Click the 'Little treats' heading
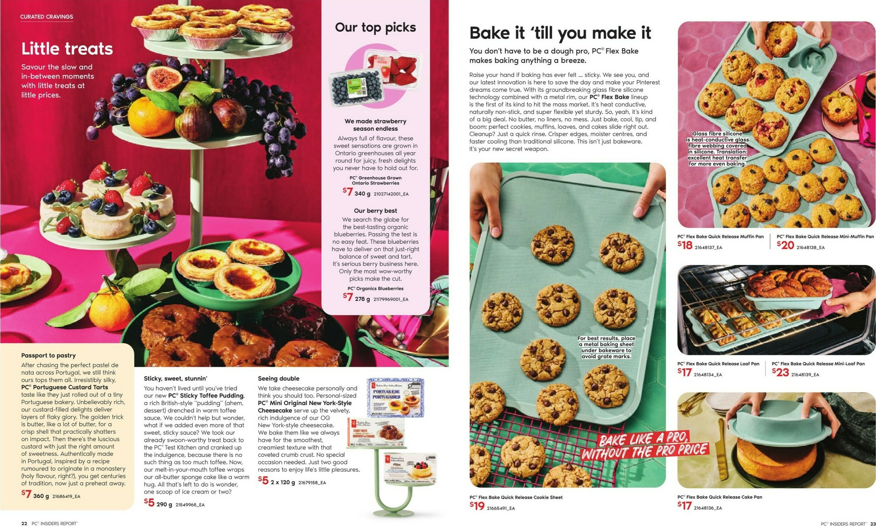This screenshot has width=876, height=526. coord(67,49)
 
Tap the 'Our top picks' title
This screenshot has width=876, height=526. coord(375,27)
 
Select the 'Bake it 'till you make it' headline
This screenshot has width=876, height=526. coord(560,33)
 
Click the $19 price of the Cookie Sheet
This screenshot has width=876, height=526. coord(477,506)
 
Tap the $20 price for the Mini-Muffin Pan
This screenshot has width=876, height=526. coord(785,245)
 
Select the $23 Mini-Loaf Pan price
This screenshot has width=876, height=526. coord(780,372)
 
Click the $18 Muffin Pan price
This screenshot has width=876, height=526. coord(684,245)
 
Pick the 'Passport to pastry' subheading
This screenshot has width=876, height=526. coord(48,355)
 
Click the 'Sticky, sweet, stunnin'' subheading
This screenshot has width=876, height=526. coord(175,378)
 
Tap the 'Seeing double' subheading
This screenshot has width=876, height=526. coord(278,378)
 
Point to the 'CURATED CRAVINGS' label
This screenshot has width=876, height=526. coord(47,17)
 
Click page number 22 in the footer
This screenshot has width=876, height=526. coord(24,523)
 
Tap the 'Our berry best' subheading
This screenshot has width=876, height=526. coord(375,211)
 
